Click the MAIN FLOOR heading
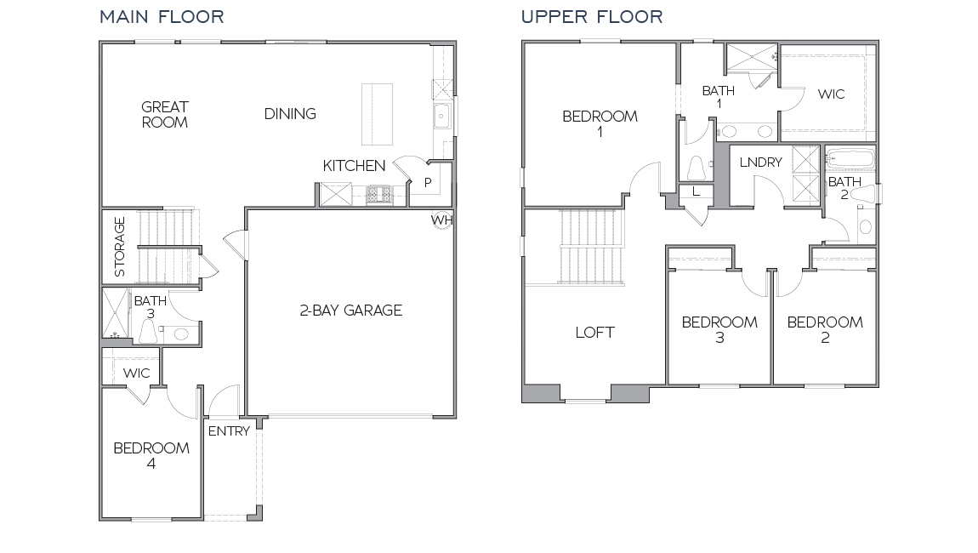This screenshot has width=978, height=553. pos(162,17)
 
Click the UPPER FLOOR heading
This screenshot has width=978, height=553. pos(592,17)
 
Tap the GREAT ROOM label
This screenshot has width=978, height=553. pos(165,114)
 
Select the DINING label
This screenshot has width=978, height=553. pos(290,113)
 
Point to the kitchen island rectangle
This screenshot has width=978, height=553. pos(377,114)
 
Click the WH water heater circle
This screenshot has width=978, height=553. pos(442,218)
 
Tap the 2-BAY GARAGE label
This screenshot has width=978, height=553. pos(350,311)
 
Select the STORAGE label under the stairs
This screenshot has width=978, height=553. pos(120,247)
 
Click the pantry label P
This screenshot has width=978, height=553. pos(428,181)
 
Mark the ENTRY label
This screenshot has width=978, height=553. pos(229,430)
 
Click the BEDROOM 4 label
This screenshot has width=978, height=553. pos(151,455)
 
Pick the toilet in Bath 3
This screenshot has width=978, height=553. pos(146,332)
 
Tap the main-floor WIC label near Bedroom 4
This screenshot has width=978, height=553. pos(137,373)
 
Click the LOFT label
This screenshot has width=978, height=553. pos(594,332)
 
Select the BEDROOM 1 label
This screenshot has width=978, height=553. pos(600,124)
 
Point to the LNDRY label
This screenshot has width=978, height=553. pos(760,162)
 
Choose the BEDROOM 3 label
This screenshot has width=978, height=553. pos(719,329)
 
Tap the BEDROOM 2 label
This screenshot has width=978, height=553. pos(825,329)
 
